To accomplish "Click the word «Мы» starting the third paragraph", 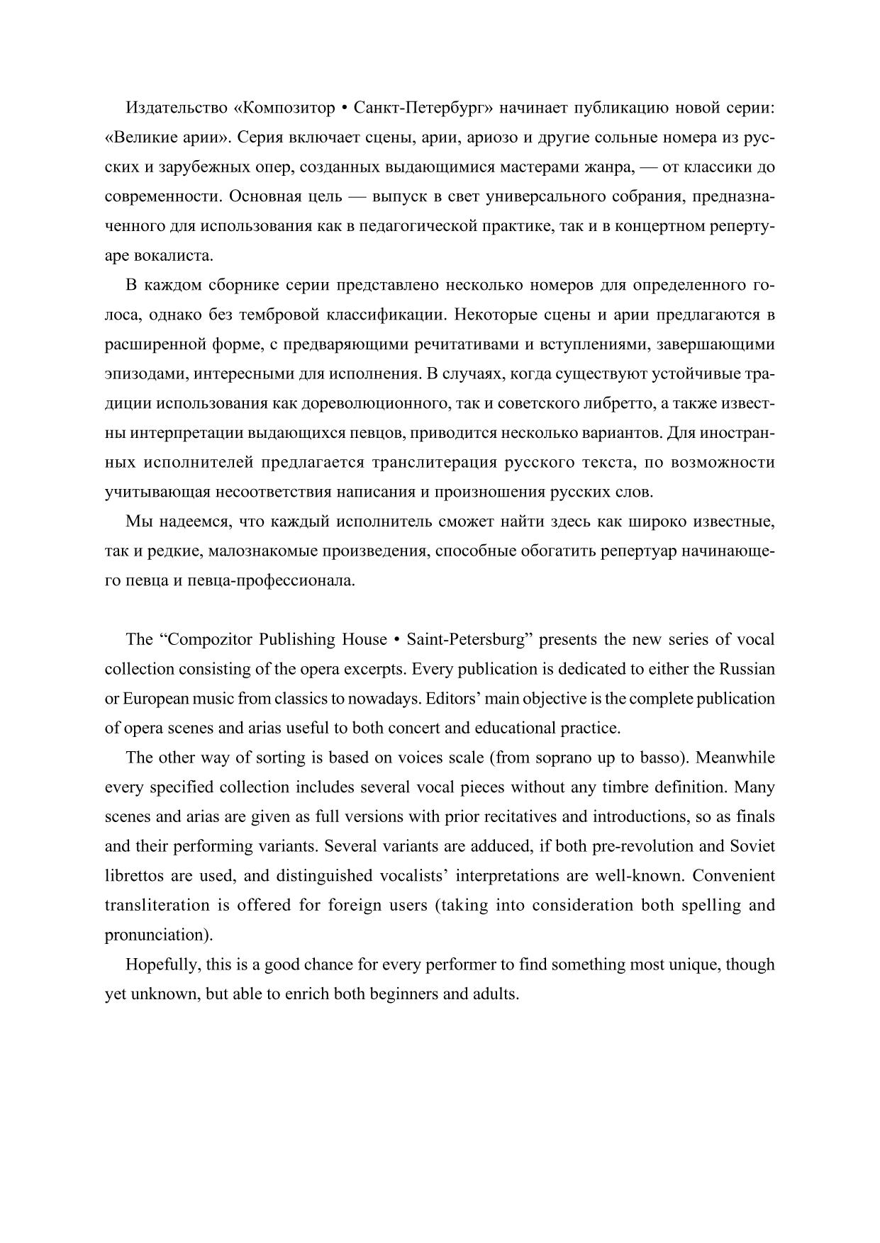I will (x=138, y=522).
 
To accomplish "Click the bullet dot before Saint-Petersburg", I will (x=397, y=640).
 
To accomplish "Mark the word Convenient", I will (x=734, y=876).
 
